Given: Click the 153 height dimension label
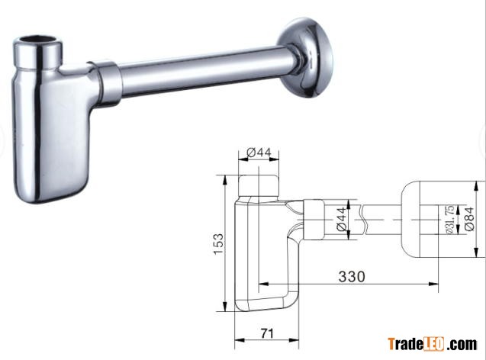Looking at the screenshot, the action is tap(218, 244).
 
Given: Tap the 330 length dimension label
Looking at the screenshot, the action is tap(352, 276).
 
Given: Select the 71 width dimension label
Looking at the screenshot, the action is tap(267, 333).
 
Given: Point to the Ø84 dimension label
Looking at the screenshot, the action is tap(469, 219).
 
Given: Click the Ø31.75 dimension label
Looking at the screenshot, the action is tap(449, 219).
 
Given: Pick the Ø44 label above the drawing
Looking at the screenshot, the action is tap(259, 153).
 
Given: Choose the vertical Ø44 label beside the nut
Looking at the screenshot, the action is tap(341, 219).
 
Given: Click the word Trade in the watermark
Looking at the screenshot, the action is tap(406, 344).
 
